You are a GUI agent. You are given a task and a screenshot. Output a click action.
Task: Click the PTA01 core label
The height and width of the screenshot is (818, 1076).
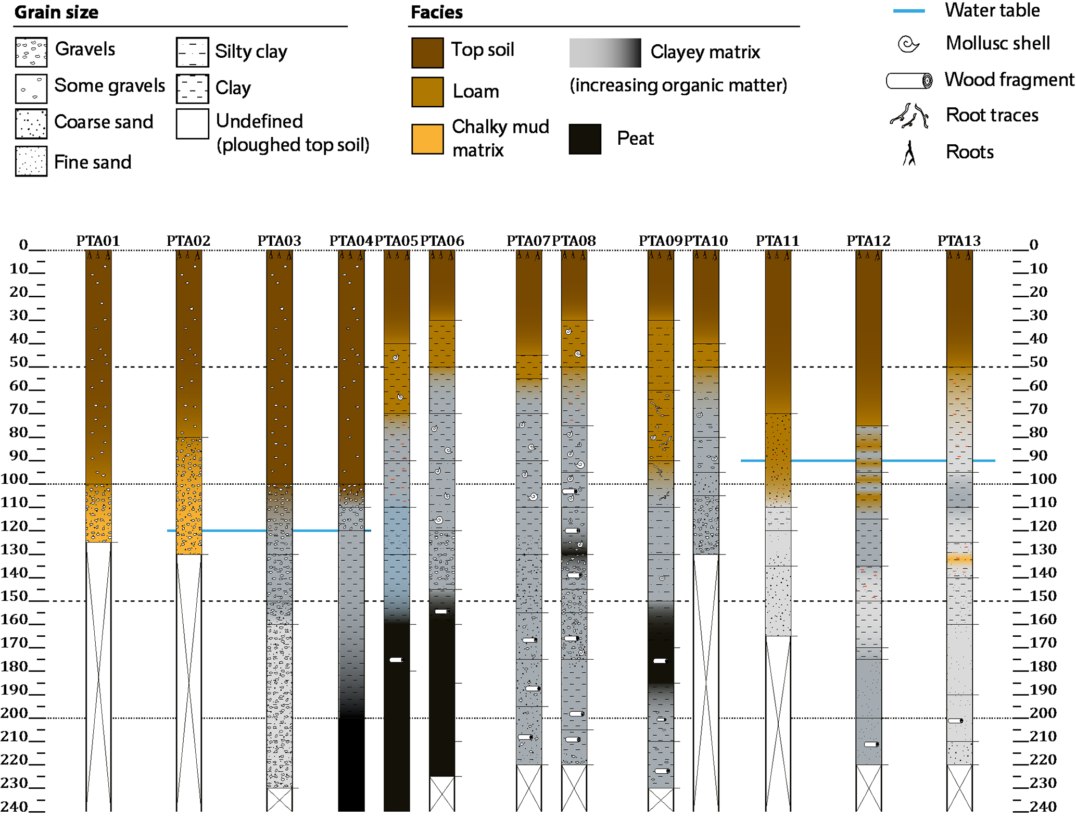[98, 241]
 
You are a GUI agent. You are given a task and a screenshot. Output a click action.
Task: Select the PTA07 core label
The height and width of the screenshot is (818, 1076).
[528, 241]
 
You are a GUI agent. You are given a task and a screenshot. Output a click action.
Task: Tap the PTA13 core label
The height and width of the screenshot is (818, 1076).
[959, 241]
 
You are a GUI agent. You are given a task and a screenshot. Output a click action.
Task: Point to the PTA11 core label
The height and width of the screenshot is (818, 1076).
[777, 241]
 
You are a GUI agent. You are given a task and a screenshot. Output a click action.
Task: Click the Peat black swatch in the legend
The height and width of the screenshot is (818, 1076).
[585, 139]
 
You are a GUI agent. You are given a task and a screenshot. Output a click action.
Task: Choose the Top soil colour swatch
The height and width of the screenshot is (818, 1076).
[427, 53]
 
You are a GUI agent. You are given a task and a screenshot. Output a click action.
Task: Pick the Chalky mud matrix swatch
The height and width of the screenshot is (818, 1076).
[427, 139]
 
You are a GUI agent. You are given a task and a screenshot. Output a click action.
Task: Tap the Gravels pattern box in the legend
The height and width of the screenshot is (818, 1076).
[31, 52]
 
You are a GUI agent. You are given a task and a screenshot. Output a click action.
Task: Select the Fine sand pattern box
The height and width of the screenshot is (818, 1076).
[31, 161]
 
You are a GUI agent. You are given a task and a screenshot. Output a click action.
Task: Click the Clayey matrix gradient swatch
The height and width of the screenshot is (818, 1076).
[605, 53]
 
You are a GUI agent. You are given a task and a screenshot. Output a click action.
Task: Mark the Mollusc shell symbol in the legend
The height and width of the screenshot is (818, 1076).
[908, 44]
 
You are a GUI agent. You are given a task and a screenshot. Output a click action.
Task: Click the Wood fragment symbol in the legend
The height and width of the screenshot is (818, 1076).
[909, 81]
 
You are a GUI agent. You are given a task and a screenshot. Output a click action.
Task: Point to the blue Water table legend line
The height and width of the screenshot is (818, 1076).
[908, 11]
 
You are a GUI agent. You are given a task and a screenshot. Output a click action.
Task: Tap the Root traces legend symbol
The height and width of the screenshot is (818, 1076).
[909, 116]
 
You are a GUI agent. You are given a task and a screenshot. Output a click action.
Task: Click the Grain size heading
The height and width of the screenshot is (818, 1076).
[56, 12]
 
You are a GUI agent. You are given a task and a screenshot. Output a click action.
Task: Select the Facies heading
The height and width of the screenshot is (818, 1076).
[436, 12]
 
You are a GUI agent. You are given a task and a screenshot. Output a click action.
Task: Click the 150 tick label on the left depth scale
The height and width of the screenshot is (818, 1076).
[14, 595]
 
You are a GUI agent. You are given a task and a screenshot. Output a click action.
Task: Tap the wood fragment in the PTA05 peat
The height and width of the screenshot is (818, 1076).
[396, 660]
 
